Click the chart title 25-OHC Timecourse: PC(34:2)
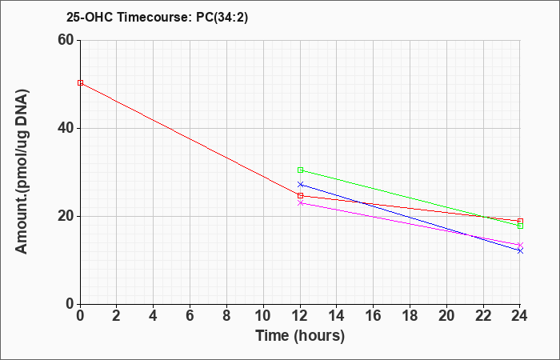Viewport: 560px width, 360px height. point(157,17)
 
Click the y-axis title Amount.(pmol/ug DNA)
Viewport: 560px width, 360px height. point(22,172)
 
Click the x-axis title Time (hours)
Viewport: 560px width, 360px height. point(300,336)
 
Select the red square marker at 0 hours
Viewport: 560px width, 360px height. point(80,83)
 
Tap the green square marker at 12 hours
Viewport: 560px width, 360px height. point(300,170)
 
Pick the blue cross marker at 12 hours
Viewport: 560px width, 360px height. point(300,184)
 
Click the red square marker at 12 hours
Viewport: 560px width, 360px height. point(300,196)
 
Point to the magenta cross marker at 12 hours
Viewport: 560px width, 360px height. point(300,203)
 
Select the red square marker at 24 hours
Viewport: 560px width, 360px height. point(520,221)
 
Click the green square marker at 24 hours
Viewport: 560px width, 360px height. point(520,226)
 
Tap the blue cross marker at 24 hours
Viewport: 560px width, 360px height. point(520,250)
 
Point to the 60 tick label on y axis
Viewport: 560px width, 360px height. point(66,40)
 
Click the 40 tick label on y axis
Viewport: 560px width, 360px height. point(66,128)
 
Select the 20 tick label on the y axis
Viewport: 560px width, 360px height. point(66,216)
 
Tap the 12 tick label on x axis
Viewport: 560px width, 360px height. point(300,315)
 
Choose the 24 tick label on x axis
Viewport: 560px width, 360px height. point(520,315)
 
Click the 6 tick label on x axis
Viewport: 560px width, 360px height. point(190,315)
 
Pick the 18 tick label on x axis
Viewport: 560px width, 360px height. point(410,315)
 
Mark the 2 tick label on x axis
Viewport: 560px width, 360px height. point(117,315)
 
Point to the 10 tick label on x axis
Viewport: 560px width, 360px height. point(263,315)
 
